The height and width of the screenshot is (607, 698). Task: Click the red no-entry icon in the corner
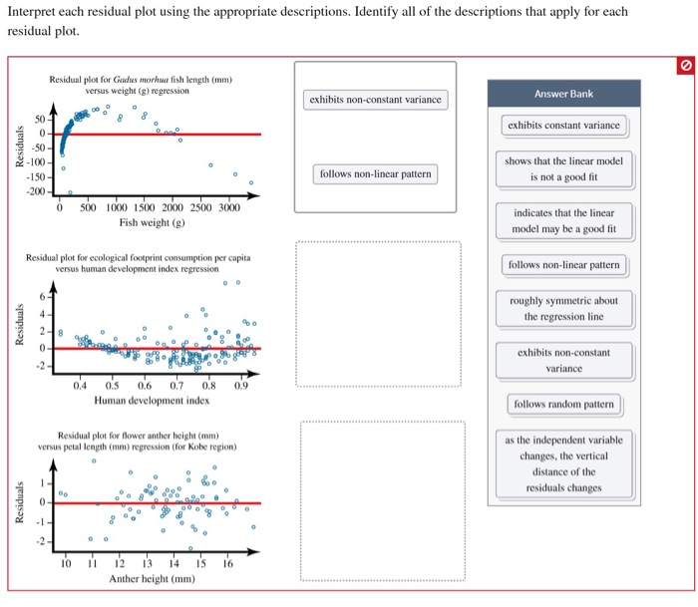(x=684, y=65)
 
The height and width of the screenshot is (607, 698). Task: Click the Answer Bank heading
(x=563, y=94)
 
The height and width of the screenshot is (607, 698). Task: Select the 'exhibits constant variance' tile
(x=563, y=126)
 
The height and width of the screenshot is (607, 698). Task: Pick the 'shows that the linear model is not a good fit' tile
(x=563, y=169)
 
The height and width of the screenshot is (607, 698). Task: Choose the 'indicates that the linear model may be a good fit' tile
(x=563, y=221)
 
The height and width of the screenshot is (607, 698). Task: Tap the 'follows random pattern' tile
(x=563, y=404)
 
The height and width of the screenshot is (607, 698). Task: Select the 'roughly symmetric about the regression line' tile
(x=563, y=309)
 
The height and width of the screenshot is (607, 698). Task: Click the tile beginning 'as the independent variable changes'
(x=563, y=463)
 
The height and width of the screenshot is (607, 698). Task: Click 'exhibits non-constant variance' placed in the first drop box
(x=375, y=100)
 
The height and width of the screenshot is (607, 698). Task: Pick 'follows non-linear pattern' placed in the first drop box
(x=375, y=174)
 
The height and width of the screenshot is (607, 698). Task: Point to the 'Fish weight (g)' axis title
(x=153, y=223)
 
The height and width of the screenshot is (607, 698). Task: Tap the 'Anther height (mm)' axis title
(x=152, y=578)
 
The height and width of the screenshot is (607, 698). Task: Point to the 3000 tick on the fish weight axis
(x=228, y=207)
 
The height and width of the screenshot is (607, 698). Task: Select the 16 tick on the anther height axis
(x=228, y=563)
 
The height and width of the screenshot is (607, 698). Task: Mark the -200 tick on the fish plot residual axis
(x=36, y=190)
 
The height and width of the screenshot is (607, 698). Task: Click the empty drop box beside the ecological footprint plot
(x=378, y=314)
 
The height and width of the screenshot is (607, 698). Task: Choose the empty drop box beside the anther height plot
(x=382, y=501)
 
